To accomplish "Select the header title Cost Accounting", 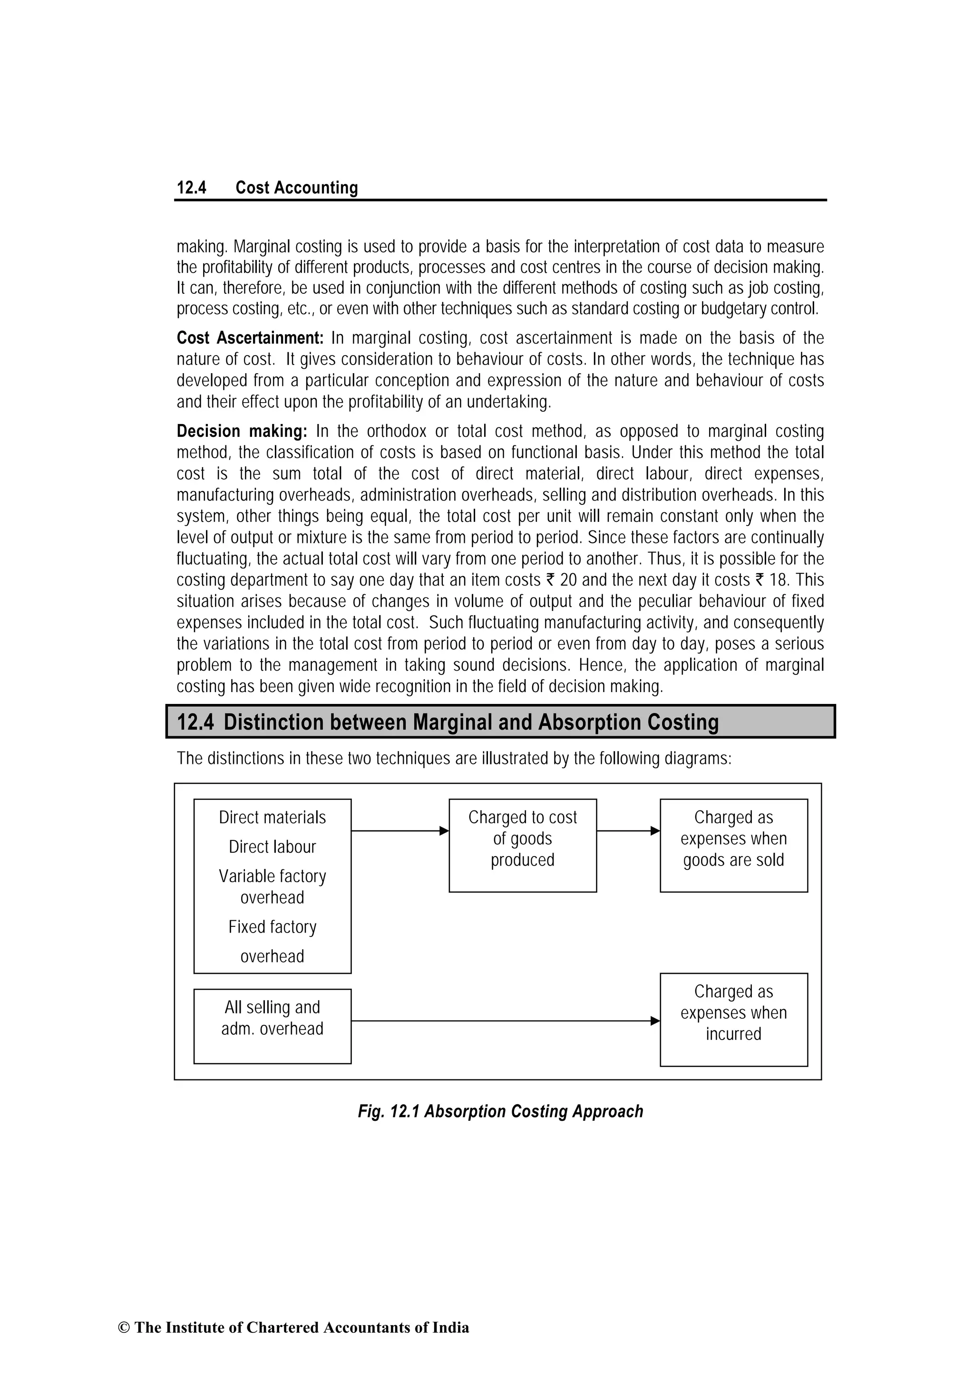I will [296, 188].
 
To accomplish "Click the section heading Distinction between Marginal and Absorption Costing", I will [470, 722].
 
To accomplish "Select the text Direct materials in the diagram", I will [272, 818].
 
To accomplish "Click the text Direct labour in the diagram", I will [272, 847].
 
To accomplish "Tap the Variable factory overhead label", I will [272, 886].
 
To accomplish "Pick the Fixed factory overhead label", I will [272, 941].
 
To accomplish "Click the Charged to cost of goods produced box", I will [522, 845].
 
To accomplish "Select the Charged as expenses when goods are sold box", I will [733, 845].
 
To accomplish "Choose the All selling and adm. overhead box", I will [272, 1026].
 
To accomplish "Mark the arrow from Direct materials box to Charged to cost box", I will [399, 831].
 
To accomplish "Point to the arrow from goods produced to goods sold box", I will [628, 831].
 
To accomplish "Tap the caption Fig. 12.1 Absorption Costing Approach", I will [500, 1111].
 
